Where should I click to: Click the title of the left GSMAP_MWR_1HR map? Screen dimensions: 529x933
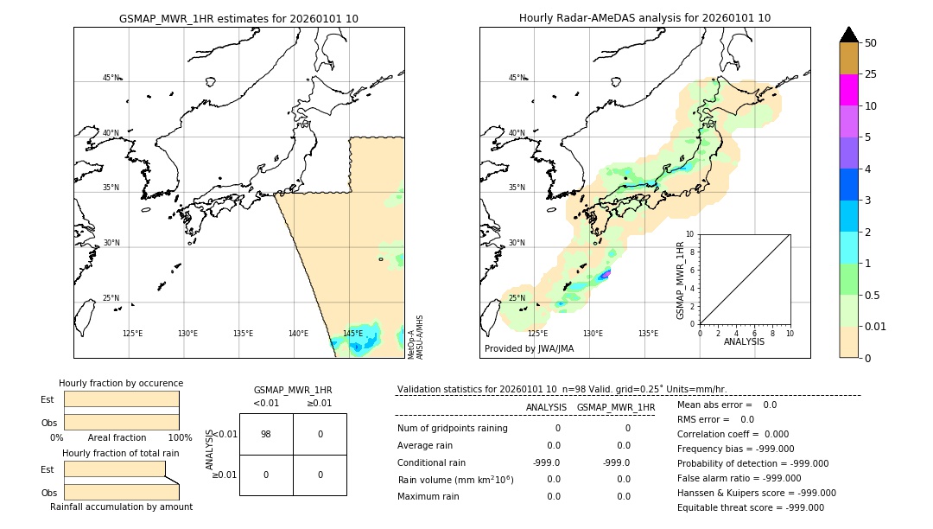pyautogui.click(x=238, y=18)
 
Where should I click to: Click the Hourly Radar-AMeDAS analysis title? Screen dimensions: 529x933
pyautogui.click(x=644, y=18)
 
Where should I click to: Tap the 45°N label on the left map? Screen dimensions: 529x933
pyautogui.click(x=111, y=78)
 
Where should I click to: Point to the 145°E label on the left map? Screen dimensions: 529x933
pyautogui.click(x=352, y=334)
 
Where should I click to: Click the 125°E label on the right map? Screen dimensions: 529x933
pyautogui.click(x=537, y=334)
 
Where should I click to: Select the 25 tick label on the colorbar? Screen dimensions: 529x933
pyautogui.click(x=871, y=74)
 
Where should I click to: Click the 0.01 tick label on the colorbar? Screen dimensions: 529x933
pyautogui.click(x=876, y=327)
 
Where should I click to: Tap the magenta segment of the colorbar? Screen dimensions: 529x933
pyautogui.click(x=848, y=90)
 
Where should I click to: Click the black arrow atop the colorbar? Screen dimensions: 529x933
pyautogui.click(x=848, y=35)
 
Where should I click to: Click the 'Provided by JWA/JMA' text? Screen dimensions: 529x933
pyautogui.click(x=529, y=349)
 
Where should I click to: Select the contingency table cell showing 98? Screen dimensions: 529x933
pyautogui.click(x=265, y=434)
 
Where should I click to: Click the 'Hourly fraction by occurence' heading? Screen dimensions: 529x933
pyautogui.click(x=121, y=383)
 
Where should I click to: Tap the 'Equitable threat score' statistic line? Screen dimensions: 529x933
pyautogui.click(x=750, y=507)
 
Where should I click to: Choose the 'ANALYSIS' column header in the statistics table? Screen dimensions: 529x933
pyautogui.click(x=546, y=407)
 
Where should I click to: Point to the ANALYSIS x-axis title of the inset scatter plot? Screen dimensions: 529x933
pyautogui.click(x=744, y=341)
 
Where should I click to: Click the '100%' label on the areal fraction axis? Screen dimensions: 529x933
pyautogui.click(x=180, y=437)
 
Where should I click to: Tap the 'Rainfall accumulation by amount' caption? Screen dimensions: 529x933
pyautogui.click(x=121, y=507)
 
